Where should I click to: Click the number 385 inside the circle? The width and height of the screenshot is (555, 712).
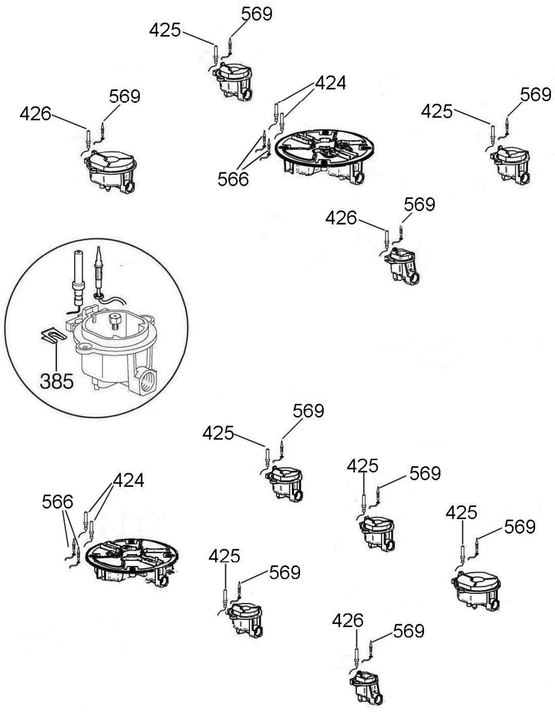[x=56, y=381]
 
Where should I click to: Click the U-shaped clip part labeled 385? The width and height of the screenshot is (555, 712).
[x=53, y=335]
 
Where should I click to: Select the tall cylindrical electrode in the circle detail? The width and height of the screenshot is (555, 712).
[x=78, y=276]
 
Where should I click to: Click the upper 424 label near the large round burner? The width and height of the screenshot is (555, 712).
[x=330, y=83]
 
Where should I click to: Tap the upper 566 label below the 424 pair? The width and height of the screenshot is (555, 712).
[x=233, y=179]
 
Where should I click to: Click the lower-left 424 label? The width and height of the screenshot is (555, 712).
[x=128, y=480]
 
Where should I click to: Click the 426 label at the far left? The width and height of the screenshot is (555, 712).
[x=35, y=114]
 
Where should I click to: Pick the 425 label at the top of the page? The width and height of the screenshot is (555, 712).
[x=165, y=30]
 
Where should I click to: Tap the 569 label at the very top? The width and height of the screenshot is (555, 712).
[x=256, y=14]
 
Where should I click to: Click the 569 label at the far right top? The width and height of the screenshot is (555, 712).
[x=535, y=95]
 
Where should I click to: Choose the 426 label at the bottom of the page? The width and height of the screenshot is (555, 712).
[x=347, y=620]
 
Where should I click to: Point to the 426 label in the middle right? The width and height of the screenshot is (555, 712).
[x=341, y=218]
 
